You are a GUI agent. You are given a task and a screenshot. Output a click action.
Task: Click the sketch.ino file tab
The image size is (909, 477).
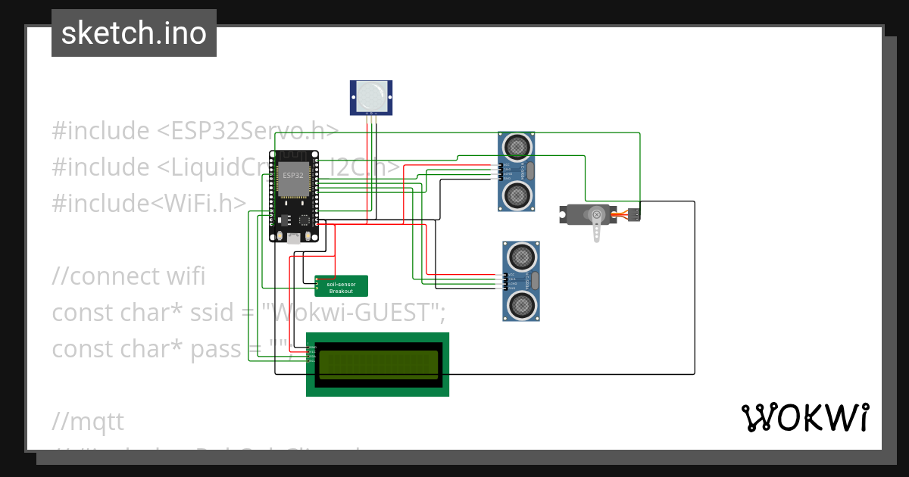133,33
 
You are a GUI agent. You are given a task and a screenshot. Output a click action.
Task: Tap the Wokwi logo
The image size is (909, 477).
804,417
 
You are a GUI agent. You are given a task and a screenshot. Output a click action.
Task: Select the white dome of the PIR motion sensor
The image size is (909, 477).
370,95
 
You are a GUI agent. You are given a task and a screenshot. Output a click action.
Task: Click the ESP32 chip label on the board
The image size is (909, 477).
294,175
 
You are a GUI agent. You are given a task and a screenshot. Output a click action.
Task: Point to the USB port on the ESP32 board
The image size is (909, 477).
293,237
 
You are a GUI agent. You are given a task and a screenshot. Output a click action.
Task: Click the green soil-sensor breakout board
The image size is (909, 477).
342,286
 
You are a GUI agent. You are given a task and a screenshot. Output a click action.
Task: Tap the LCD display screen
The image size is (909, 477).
378,364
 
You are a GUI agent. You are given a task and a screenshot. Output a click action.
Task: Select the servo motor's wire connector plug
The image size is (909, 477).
635,215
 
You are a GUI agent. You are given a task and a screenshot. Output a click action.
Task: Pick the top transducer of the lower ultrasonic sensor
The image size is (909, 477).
522,254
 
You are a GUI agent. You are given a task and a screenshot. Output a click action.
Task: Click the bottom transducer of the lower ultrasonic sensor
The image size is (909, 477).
522,306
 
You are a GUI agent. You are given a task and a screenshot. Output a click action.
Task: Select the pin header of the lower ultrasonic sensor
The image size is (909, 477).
504,281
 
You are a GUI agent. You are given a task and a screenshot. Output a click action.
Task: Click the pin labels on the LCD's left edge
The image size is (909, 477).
312,354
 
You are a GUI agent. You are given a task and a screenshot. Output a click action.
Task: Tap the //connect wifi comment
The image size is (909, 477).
128,276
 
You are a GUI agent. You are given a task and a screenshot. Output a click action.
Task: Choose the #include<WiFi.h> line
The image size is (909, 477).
149,202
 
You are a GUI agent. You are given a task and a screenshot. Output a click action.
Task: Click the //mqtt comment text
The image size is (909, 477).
88,420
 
